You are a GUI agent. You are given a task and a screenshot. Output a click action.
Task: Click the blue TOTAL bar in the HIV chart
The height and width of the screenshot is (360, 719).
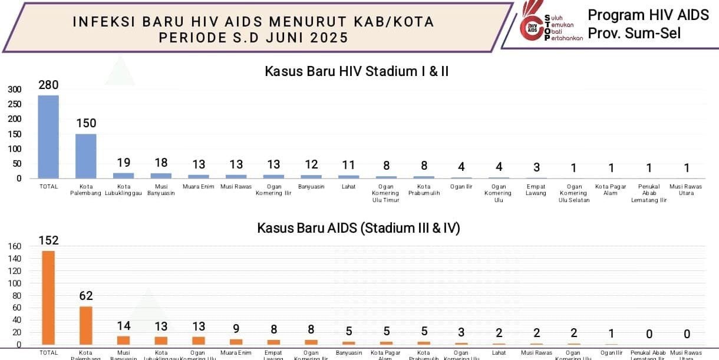48,137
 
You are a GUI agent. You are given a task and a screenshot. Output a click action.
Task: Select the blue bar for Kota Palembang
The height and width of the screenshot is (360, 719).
85,156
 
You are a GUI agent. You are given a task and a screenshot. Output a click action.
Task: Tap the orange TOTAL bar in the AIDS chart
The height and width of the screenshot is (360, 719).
48,298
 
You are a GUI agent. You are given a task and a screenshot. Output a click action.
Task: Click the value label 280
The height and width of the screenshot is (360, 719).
48,85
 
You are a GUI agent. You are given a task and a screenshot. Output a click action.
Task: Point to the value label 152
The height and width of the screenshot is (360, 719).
48,240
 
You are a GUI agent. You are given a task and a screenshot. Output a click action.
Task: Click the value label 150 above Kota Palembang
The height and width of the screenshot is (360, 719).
85,123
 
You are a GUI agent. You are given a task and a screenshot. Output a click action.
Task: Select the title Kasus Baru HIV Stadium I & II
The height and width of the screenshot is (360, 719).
357,72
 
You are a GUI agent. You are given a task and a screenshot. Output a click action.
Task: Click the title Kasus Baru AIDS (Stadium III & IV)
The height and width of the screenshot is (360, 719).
358,228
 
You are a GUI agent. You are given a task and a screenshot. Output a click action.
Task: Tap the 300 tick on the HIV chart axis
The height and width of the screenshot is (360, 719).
15,90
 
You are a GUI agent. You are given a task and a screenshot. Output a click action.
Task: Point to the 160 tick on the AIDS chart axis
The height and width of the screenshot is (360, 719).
15,246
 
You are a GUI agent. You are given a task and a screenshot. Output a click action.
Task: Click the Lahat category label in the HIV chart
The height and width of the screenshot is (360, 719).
349,187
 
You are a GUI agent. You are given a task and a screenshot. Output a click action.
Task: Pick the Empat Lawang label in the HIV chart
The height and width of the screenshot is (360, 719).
536,190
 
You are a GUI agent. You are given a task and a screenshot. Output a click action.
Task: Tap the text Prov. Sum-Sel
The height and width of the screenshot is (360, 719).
634,34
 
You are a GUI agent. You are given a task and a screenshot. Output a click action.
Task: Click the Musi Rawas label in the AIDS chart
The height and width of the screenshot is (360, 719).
536,353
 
